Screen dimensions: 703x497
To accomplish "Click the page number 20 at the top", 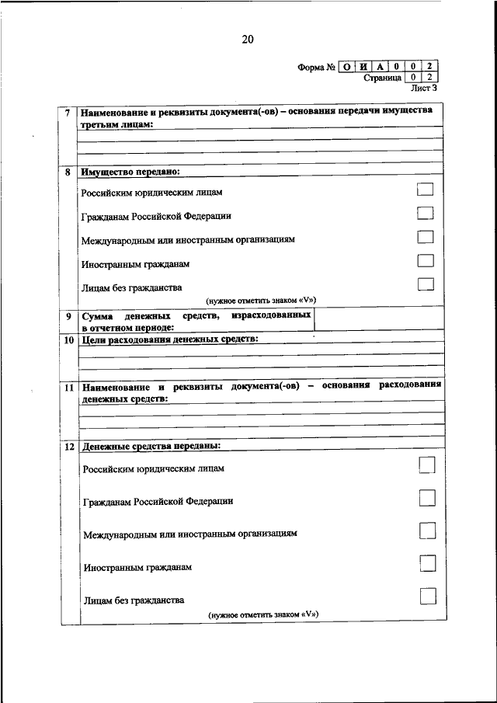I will click(x=248, y=40).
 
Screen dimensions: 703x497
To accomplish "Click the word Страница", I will click(x=382, y=78).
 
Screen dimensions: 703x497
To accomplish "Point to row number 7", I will click(x=68, y=113).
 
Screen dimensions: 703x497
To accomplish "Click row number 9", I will click(x=68, y=316).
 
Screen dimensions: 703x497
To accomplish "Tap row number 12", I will click(x=68, y=446).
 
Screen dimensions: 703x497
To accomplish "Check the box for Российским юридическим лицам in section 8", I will click(x=424, y=189).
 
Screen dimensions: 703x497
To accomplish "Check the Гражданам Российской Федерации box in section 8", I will click(x=424, y=213).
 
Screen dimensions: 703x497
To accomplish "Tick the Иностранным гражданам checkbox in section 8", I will click(x=424, y=260).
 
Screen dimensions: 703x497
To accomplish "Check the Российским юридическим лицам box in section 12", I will click(x=426, y=465).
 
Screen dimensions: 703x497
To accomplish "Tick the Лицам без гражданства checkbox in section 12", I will click(x=426, y=597).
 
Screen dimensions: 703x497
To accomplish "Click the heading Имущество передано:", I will click(x=130, y=170).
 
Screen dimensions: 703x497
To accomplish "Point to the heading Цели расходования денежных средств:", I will click(x=170, y=339).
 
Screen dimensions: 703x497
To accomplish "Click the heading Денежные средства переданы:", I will click(x=151, y=446).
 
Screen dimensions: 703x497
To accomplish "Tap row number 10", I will click(x=68, y=340).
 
